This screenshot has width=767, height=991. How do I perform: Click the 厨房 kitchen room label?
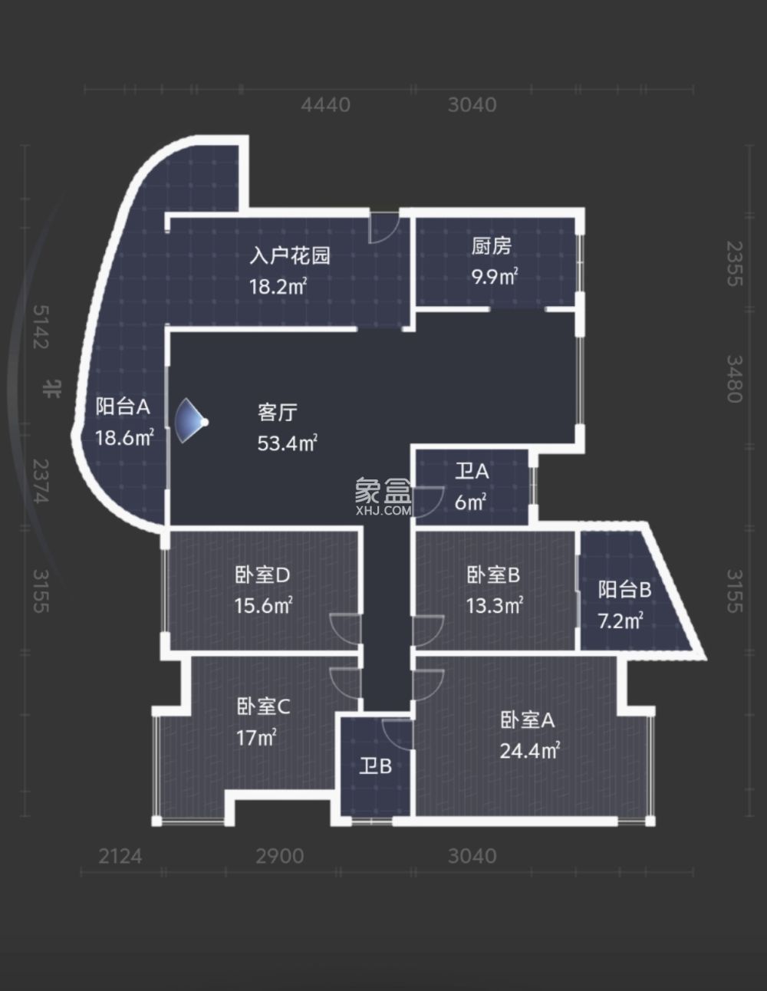point(491,246)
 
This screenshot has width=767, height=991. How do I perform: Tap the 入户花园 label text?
point(290,255)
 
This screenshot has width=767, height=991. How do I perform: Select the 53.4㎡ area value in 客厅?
point(288,443)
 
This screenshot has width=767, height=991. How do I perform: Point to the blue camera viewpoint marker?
point(191,422)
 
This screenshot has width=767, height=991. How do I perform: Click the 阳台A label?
point(123,407)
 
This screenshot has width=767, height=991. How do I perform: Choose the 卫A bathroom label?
point(471,471)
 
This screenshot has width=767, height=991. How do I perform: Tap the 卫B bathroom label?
point(376,765)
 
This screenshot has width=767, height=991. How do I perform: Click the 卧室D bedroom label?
point(262,575)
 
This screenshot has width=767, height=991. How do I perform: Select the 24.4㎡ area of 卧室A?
point(529,750)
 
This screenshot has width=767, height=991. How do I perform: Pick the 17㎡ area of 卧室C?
point(256,738)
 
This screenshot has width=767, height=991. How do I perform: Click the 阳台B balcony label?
point(624,589)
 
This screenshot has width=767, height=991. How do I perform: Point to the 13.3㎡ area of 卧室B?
point(495,606)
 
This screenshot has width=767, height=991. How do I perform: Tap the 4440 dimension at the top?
point(325,104)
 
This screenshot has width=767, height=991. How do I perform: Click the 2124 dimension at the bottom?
point(120,855)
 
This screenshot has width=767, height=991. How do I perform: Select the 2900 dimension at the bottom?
point(280,855)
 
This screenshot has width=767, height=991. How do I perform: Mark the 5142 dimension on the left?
point(41,326)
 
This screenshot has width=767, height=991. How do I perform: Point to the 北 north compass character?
point(51,388)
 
